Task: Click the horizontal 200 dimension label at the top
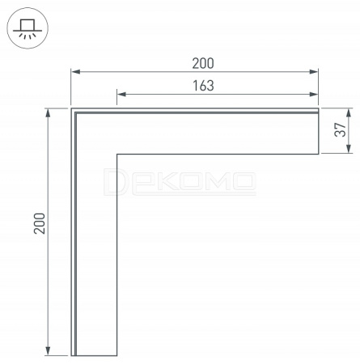203,63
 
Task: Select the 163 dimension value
203,86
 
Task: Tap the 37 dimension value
340,129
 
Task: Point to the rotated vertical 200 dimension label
40,223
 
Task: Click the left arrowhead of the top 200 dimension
76,72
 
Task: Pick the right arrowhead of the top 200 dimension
314,72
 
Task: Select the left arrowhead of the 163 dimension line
122,94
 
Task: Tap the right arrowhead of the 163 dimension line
314,94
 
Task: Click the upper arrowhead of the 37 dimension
349,113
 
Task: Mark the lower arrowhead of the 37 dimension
349,149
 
